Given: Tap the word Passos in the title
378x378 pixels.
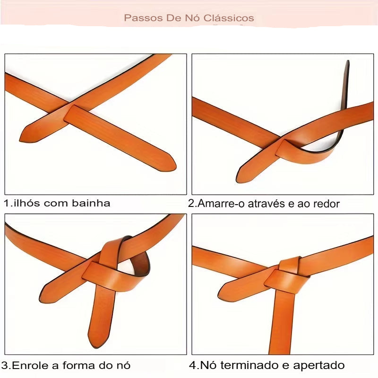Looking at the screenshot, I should pos(139,18).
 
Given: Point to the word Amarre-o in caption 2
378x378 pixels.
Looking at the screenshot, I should pos(219,204).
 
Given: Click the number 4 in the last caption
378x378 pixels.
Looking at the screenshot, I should pos(193,365).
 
